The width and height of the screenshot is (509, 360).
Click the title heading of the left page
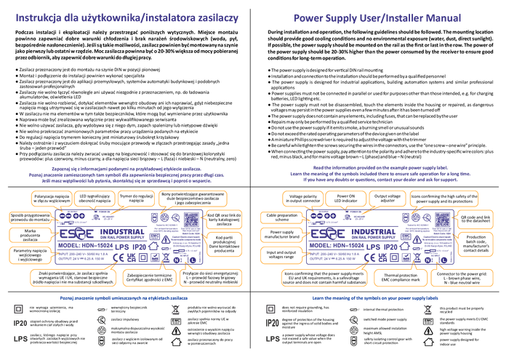(127, 18)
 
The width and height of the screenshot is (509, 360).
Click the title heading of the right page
(377, 18)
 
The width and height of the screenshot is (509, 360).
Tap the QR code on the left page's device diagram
(191, 219)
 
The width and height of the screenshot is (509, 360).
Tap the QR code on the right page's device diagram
(441, 219)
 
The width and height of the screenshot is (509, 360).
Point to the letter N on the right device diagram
(428, 259)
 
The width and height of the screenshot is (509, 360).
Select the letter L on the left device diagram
(193, 260)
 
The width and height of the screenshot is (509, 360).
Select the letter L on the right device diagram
(444, 260)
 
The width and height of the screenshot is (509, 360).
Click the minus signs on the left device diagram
(66, 216)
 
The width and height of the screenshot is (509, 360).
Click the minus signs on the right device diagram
(317, 216)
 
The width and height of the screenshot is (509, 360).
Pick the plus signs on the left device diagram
(79, 216)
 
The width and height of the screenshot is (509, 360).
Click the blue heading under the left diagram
(124, 297)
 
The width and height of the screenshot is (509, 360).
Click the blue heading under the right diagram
(375, 297)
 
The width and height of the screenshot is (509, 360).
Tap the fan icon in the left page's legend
(175, 309)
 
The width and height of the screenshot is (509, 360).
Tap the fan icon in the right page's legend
(428, 309)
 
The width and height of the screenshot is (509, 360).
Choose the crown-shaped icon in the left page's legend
(102, 329)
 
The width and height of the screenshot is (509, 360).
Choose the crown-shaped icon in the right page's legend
(353, 329)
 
